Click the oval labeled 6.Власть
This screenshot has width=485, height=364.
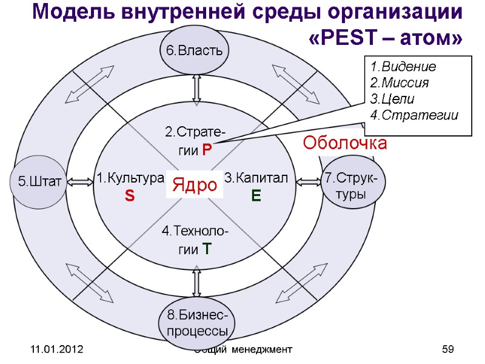[x=195, y=50]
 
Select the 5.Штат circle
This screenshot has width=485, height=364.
[x=37, y=181]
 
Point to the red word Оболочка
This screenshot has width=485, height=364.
[x=344, y=144]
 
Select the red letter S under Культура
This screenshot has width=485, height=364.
[x=130, y=195]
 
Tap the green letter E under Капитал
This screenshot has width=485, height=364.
[x=256, y=195]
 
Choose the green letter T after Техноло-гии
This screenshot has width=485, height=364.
[x=207, y=248]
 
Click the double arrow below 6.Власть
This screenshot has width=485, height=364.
[x=196, y=90]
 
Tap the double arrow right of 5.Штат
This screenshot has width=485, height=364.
[x=78, y=181]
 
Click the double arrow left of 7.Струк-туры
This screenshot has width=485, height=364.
[x=310, y=181]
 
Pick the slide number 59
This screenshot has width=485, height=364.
[x=448, y=350]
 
